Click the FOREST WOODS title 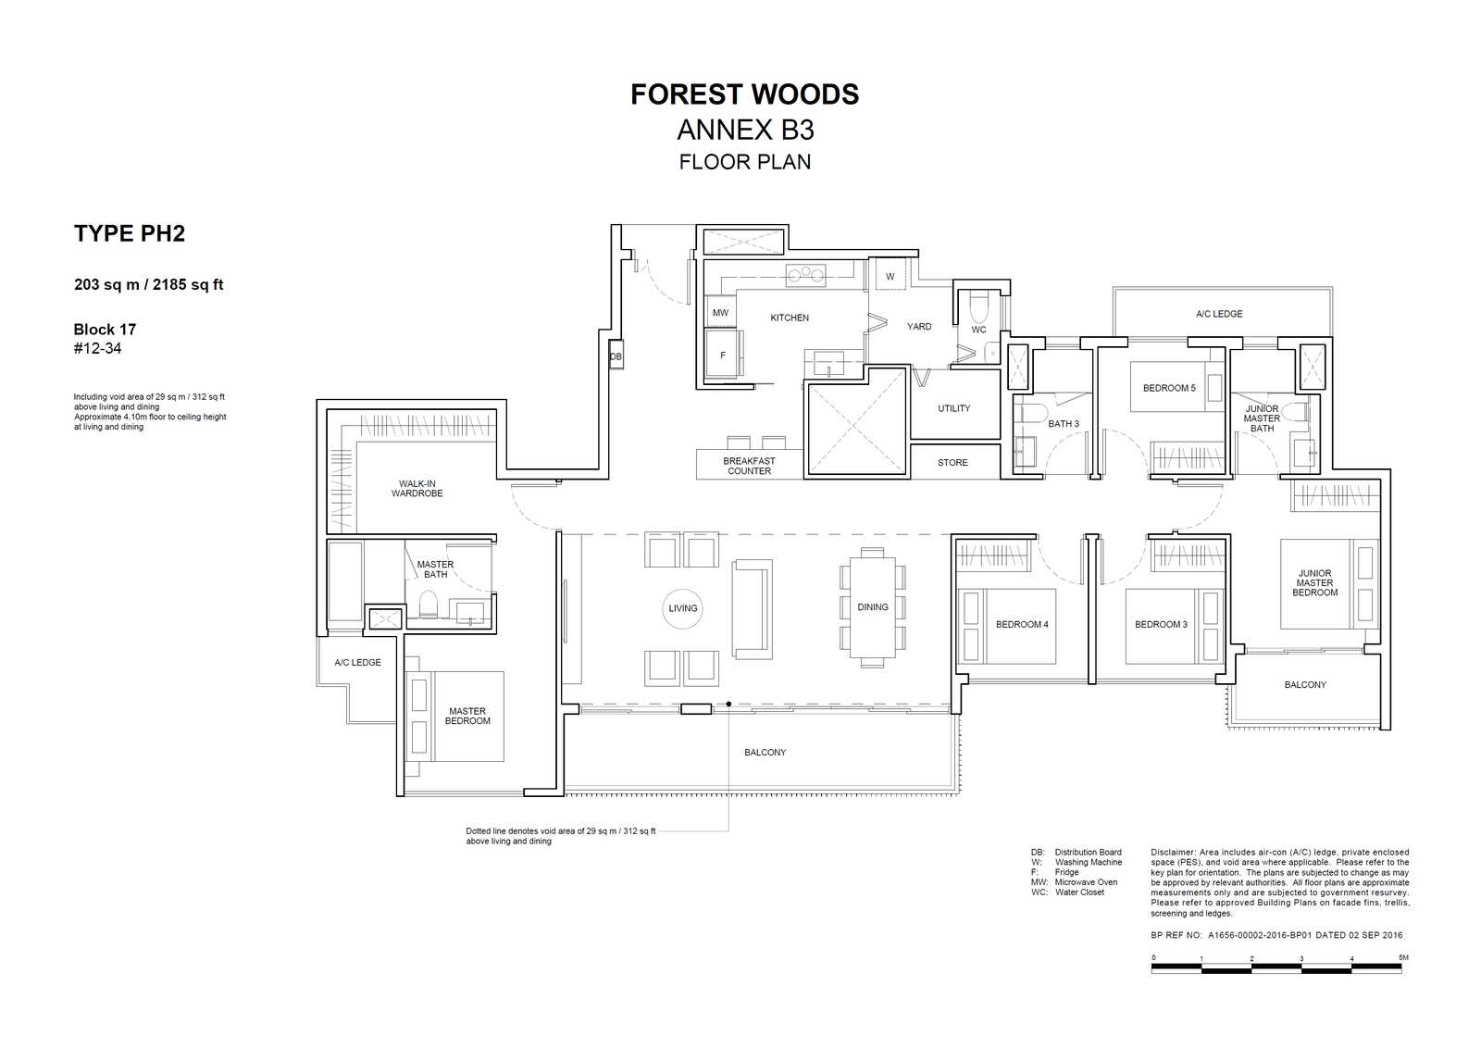pos(744,94)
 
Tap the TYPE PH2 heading pos(130,233)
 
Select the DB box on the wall pos(616,356)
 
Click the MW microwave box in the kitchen pos(720,312)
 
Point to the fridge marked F pos(722,356)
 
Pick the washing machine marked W pos(890,277)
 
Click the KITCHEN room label pos(790,318)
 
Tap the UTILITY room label pos(954,408)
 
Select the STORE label pos(952,463)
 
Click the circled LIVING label pos(683,608)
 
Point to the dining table pos(873,607)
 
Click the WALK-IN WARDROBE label pos(417,489)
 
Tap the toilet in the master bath pos(429,604)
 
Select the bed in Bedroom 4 pos(1006,626)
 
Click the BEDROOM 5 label pos(1169,388)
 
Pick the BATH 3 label pos(1064,424)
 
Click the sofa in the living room pos(753,609)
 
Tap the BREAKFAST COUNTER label pos(749,467)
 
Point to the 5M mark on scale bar pos(1403,957)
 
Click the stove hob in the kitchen pos(806,275)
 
